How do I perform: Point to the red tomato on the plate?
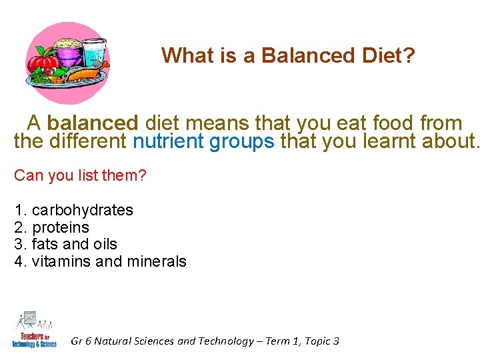tap(46, 64)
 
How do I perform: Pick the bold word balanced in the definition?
tap(92, 123)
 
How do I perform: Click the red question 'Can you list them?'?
tap(80, 176)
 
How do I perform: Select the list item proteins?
tap(61, 227)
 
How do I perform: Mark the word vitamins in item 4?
tap(61, 261)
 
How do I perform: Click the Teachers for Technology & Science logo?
tap(34, 329)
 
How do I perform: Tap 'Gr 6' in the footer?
tap(81, 341)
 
